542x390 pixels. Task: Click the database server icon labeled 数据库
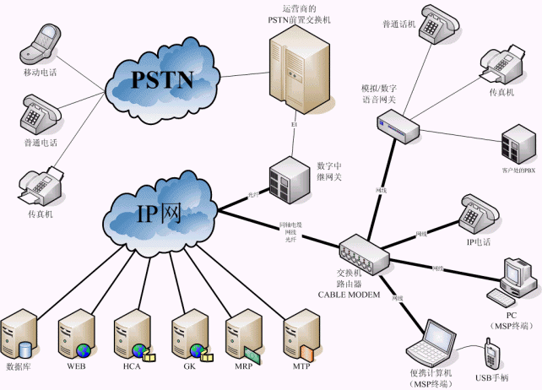[x=19, y=334]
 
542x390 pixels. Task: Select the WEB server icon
[x=73, y=334]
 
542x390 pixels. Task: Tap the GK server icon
[x=187, y=334]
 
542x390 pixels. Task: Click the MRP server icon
[x=242, y=334]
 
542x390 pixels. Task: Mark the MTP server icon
[x=300, y=334]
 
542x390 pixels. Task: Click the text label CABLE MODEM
[x=349, y=295]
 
